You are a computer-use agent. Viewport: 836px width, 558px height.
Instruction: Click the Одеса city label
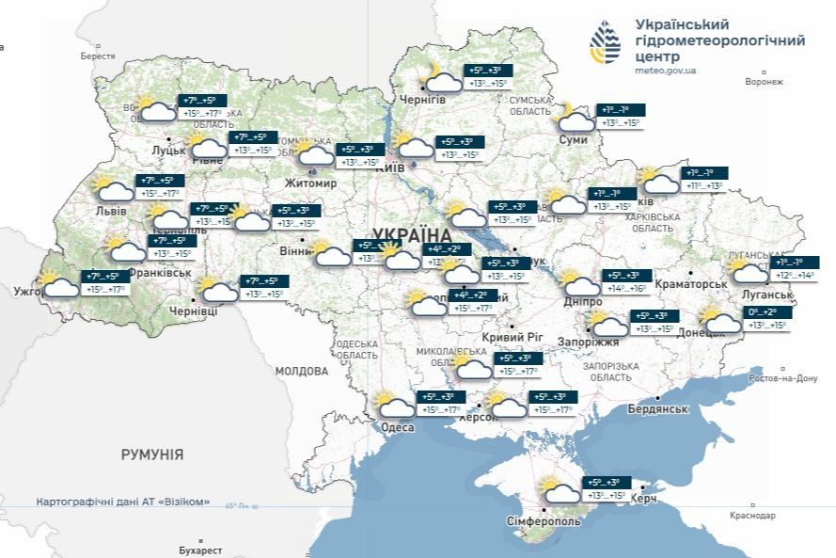click(398, 427)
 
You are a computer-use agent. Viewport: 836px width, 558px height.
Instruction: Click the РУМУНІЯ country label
click(152, 454)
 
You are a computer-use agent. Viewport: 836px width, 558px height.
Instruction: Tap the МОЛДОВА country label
click(301, 371)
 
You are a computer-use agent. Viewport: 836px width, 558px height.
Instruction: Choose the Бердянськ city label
click(658, 409)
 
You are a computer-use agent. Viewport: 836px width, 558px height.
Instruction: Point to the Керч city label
click(643, 498)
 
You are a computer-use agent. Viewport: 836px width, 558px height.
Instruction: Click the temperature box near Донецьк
click(763, 318)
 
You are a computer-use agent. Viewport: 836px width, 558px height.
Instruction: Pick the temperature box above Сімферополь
click(606, 488)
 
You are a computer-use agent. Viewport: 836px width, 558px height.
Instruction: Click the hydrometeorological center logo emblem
click(605, 41)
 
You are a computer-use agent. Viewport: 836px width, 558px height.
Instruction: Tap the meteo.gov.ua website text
click(666, 70)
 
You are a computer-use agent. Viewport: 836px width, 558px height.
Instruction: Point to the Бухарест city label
click(200, 550)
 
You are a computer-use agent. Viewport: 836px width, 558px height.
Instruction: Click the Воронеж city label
click(764, 82)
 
